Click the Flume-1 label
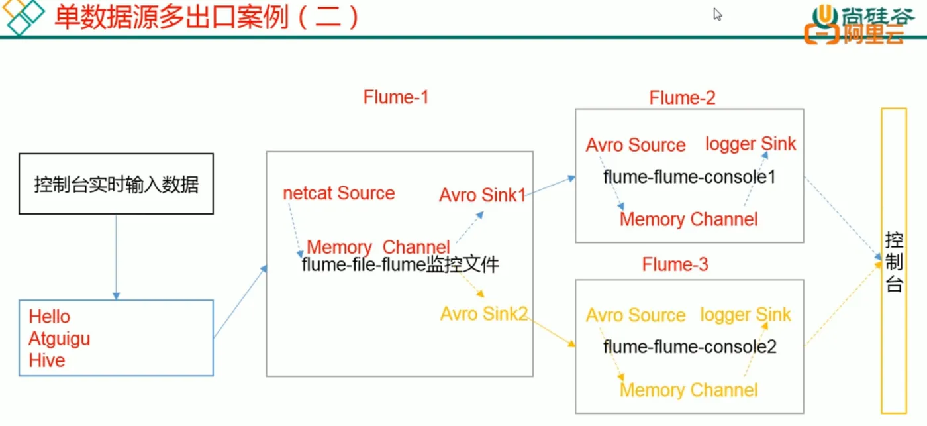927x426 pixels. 396,97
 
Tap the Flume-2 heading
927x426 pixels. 682,99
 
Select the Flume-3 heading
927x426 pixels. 675,265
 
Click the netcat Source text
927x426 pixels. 338,193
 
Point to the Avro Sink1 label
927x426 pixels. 482,195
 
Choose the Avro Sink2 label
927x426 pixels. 483,313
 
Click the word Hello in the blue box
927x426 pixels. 50,317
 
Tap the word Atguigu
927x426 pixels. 60,339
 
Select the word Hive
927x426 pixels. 47,360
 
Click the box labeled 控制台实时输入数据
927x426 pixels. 116,184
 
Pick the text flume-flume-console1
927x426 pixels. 689,177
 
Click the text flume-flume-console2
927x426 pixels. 689,346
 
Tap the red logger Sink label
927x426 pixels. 750,144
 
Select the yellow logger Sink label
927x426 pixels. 745,315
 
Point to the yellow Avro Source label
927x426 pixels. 635,315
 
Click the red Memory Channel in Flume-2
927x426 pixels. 688,219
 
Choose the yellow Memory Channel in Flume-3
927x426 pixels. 688,390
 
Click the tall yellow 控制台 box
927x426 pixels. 893,262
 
